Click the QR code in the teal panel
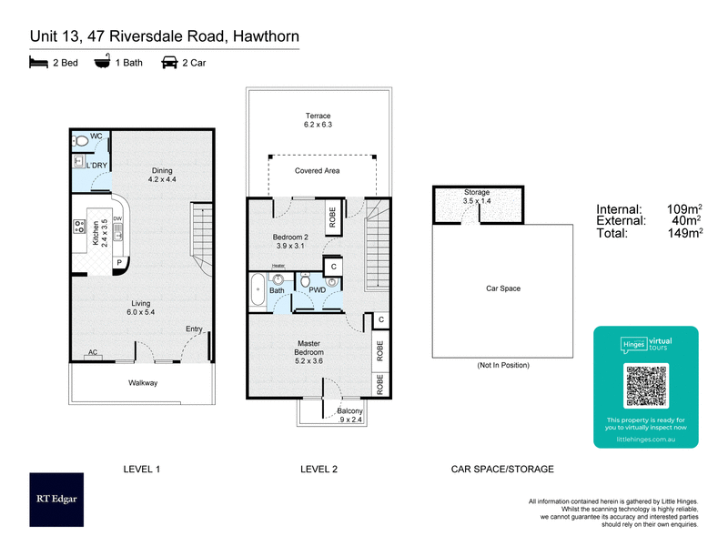click(646, 386)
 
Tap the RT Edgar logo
click(56, 500)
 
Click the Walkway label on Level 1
click(143, 383)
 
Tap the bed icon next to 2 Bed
click(38, 63)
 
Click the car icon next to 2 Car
click(169, 63)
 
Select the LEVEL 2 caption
click(318, 470)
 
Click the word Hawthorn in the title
click(265, 36)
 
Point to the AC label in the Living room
click(93, 352)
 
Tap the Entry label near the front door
click(194, 329)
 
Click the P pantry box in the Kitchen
click(118, 264)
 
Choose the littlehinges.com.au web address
click(646, 438)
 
